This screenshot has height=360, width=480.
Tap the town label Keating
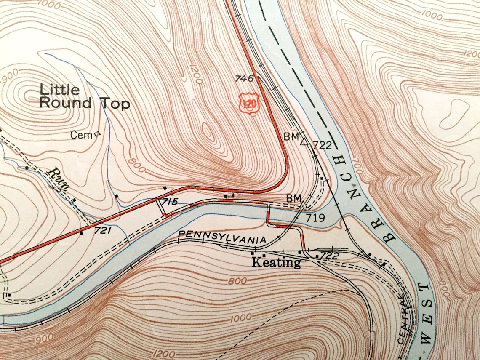pos(276,263)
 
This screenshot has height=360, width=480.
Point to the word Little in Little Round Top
pos(59,89)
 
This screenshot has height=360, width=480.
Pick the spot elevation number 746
pos(244,78)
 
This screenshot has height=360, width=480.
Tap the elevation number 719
pos(315,218)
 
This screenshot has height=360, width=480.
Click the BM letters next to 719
pos(293,198)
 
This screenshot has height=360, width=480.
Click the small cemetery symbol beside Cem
pos(98,134)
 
